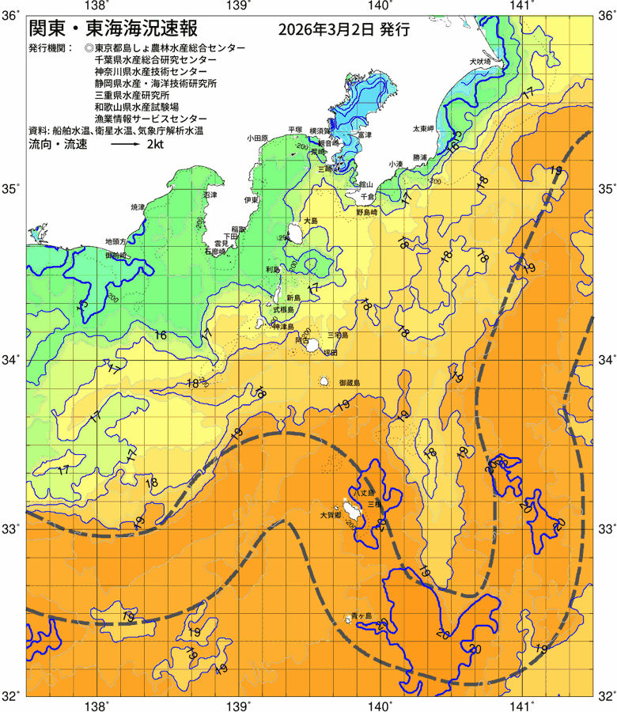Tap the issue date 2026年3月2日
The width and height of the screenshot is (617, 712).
327,30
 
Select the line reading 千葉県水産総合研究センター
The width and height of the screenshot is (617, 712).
154,59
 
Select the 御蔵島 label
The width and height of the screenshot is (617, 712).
348,382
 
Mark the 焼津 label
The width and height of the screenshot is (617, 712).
138,206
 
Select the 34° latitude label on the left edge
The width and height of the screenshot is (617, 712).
12,360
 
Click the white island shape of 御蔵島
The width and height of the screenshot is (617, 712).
324,381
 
